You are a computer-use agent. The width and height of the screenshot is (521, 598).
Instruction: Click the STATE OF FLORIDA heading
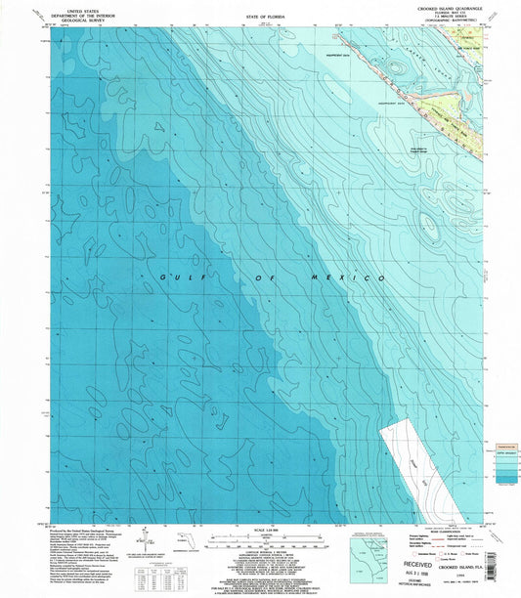pyautogui.click(x=259, y=18)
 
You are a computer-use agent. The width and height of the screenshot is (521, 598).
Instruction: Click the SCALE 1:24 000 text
pyautogui.click(x=259, y=531)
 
